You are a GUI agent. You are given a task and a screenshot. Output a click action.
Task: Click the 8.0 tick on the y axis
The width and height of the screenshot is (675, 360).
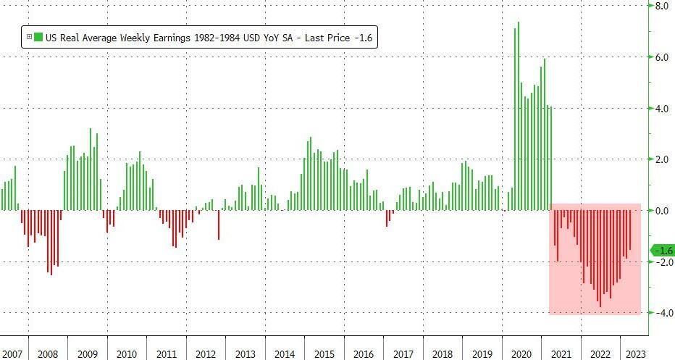tap(662, 6)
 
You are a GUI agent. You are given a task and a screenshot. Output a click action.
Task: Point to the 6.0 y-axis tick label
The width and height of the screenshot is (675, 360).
tap(662, 56)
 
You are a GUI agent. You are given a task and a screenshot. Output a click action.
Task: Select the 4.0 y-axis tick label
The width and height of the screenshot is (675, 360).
tap(662, 108)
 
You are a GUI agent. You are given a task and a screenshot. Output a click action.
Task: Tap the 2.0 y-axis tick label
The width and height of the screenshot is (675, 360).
tap(662, 159)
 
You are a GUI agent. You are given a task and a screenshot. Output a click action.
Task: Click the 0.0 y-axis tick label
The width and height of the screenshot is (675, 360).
tap(662, 211)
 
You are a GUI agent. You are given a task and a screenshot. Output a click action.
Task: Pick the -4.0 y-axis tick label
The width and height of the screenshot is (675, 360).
tap(661, 313)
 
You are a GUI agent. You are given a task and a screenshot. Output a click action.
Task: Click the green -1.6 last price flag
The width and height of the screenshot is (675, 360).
tap(663, 251)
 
